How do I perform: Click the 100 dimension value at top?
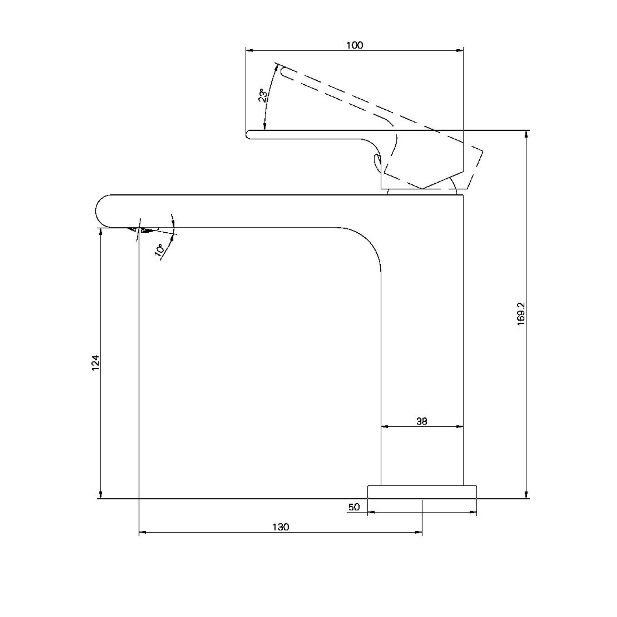click(355, 45)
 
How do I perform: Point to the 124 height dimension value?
click(96, 363)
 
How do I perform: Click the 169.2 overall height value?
click(521, 314)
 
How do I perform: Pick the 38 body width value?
click(422, 421)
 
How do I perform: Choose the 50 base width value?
click(354, 507)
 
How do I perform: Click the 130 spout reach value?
click(281, 527)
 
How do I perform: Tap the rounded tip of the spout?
click(96, 211)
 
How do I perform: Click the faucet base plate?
click(422, 492)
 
